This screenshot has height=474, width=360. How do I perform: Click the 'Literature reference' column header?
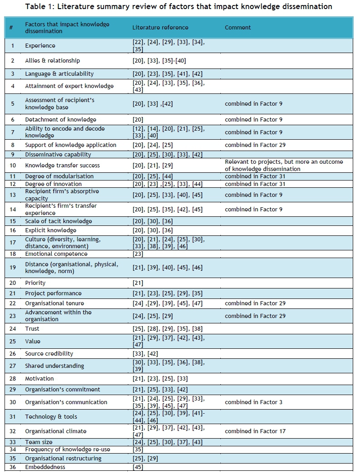[x=160, y=28]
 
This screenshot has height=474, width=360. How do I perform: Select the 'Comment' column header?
[x=238, y=28]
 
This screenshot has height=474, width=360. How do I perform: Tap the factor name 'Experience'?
[x=40, y=46]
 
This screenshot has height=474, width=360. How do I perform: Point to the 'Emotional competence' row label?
[x=56, y=254]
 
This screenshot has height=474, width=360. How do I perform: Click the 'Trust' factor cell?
[x=32, y=329]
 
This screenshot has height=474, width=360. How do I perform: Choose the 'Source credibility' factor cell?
[x=49, y=354]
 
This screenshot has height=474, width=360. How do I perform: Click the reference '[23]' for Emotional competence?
[x=138, y=254]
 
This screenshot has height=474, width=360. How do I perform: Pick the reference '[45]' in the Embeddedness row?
[x=138, y=467]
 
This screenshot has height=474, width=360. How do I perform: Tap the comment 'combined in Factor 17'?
[x=255, y=431]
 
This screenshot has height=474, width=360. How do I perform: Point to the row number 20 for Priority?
[x=13, y=283]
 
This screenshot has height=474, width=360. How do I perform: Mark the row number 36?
[x=13, y=467]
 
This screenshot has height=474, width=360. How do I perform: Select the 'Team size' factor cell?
[x=39, y=442]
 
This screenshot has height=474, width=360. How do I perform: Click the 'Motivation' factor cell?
[x=39, y=379]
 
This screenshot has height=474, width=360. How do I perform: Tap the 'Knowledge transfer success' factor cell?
[x=62, y=166]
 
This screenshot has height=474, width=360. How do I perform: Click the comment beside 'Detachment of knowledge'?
[x=253, y=120]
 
